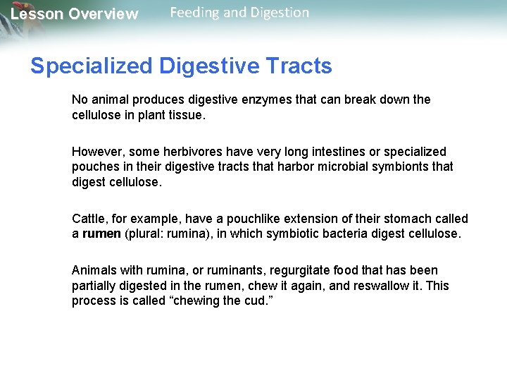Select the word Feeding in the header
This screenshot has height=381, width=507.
click(195, 13)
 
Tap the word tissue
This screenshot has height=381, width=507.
click(188, 115)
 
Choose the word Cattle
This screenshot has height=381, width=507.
click(89, 219)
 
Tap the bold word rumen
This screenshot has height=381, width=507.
click(101, 234)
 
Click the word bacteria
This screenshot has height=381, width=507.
click(339, 234)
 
